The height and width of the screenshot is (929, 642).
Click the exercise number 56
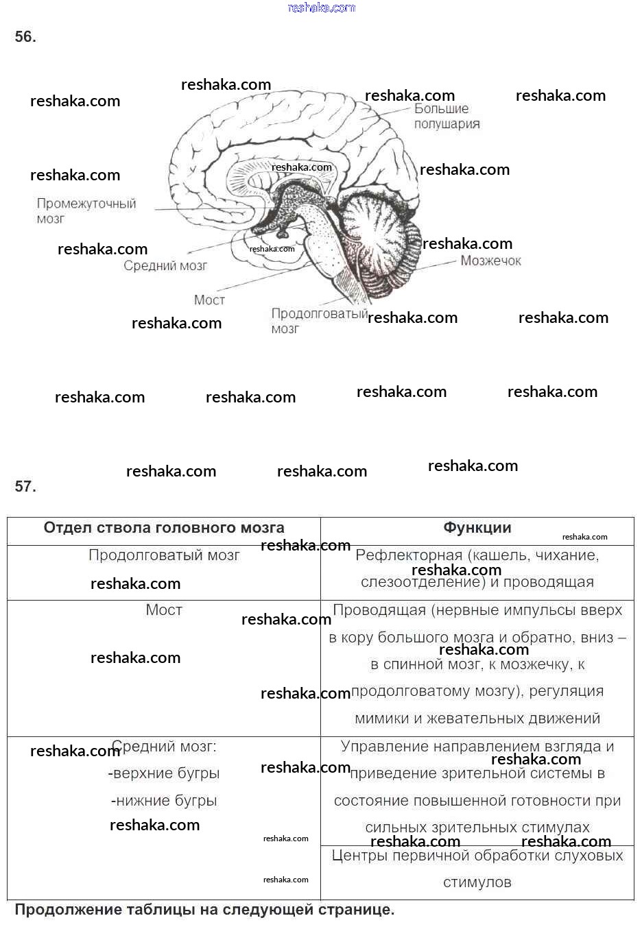(x=25, y=37)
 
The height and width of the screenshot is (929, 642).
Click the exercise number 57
(x=25, y=487)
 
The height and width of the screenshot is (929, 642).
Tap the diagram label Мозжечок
(x=490, y=261)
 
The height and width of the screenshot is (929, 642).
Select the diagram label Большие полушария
(x=446, y=117)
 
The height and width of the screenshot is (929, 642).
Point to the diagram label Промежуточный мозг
(x=86, y=210)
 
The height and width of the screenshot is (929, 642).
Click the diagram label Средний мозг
(x=165, y=266)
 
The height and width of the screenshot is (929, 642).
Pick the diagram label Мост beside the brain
(x=209, y=300)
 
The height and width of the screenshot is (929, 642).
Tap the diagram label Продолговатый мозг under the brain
(x=318, y=320)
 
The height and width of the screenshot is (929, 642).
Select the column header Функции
(x=477, y=528)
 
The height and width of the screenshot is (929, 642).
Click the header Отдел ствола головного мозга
(x=164, y=528)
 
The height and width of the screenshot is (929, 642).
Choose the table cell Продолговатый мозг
(x=164, y=555)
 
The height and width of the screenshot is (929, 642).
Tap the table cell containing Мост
(x=164, y=610)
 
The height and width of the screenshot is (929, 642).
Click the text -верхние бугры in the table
(x=164, y=773)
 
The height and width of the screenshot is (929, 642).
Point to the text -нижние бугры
(x=164, y=801)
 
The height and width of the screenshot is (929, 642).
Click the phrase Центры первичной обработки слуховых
(x=477, y=856)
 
